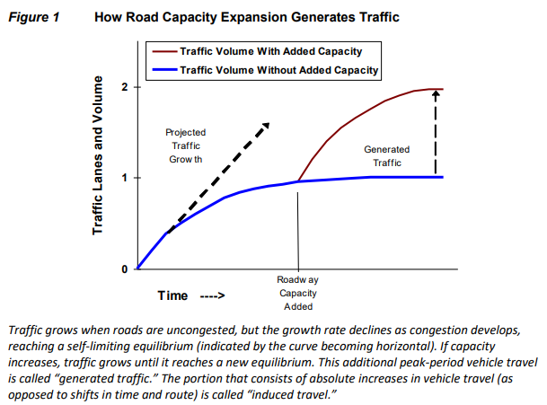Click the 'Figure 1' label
pos(34,16)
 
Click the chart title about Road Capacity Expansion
pos(246,16)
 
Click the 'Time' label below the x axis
pos(172,295)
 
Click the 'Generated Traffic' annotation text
pos(387,156)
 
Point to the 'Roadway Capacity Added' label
pos(297,292)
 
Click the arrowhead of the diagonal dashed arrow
pos(265,124)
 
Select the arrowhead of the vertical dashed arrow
pos(435,96)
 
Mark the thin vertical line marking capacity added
pos(297,225)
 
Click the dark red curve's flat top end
pos(438,89)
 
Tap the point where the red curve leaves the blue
pos(297,181)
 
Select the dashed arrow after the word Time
pos(211,296)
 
